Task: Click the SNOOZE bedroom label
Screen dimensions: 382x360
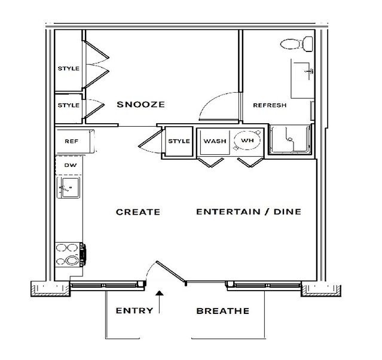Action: pos(141,104)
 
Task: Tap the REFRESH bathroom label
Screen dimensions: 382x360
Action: pos(270,105)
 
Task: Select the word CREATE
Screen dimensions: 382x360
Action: pos(138,212)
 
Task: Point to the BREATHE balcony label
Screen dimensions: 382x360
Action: pos(222,311)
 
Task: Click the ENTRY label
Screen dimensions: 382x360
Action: pos(135,310)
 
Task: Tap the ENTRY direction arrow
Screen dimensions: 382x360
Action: pos(160,302)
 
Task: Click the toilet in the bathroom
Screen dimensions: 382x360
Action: pos(297,44)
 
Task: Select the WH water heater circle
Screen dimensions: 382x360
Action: pos(247,141)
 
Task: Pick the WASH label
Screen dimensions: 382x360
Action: pos(215,141)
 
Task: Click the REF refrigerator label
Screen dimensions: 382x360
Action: pos(71,141)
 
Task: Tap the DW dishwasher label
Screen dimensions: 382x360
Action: pos(71,165)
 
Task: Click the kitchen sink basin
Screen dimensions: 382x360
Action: pos(69,187)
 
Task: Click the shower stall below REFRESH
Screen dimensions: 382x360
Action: pos(290,139)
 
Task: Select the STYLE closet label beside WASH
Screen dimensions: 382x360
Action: pos(179,141)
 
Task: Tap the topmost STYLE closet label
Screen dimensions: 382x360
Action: pos(69,68)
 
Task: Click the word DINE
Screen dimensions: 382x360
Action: pos(288,212)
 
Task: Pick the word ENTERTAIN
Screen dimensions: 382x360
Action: pos(228,212)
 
